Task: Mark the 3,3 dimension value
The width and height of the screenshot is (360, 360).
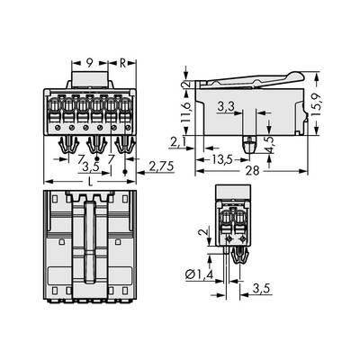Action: click(x=228, y=108)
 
